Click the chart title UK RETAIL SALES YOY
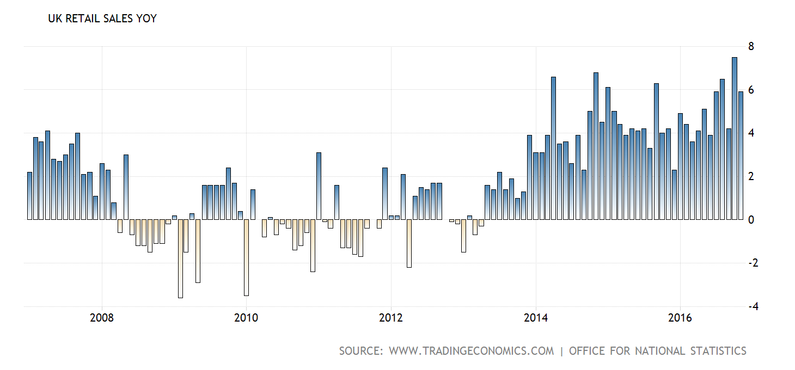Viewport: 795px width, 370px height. pyautogui.click(x=102, y=18)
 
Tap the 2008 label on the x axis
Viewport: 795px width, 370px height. pyautogui.click(x=102, y=317)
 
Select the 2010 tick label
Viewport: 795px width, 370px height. pyautogui.click(x=246, y=317)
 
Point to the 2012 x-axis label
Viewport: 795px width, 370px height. pyautogui.click(x=391, y=317)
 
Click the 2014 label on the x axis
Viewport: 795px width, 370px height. pyautogui.click(x=536, y=317)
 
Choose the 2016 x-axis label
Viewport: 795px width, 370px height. pyautogui.click(x=680, y=317)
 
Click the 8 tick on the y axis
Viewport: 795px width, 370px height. pyautogui.click(x=751, y=46)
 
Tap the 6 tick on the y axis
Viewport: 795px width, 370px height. pyautogui.click(x=751, y=90)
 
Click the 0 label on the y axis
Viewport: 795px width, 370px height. pyautogui.click(x=751, y=220)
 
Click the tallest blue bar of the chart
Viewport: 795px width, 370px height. pyautogui.click(x=735, y=138)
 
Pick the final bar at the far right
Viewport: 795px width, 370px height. pyautogui.click(x=741, y=156)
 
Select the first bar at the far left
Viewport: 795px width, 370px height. pyautogui.click(x=30, y=196)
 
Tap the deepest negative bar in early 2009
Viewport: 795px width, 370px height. pyautogui.click(x=180, y=258)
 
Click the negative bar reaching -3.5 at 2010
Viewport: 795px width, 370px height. pyautogui.click(x=246, y=257)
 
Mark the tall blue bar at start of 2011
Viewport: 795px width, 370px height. pyautogui.click(x=319, y=186)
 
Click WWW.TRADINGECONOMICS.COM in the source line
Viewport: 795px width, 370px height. pyautogui.click(x=471, y=351)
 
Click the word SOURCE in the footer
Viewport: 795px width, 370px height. pyautogui.click(x=361, y=351)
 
